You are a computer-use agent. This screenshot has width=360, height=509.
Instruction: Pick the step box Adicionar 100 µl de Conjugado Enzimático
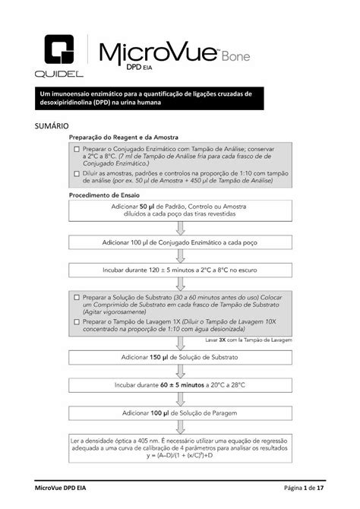click(x=180, y=243)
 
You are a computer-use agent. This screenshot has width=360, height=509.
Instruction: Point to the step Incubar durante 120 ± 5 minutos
click(x=180, y=270)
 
